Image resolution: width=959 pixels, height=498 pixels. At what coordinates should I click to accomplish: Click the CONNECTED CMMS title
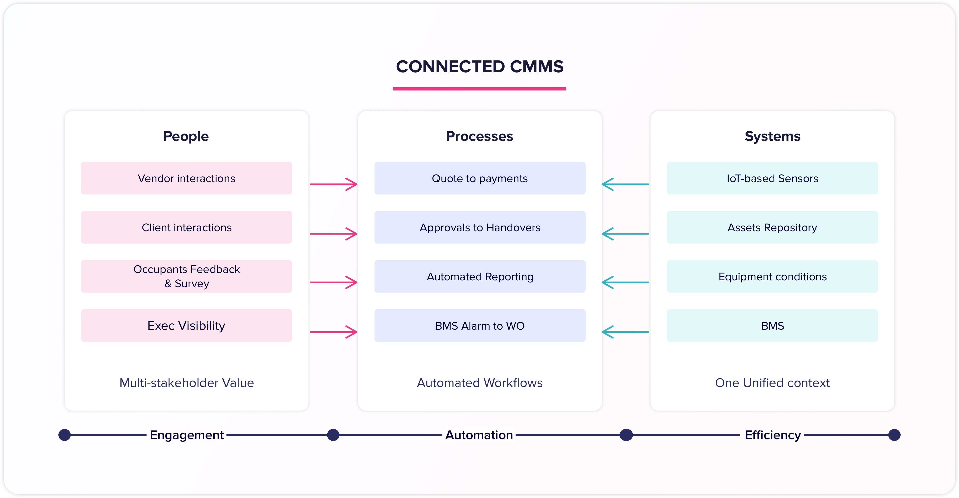(479, 67)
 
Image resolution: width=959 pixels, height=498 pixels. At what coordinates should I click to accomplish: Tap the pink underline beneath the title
(479, 89)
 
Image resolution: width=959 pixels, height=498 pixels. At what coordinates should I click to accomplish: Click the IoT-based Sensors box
(772, 178)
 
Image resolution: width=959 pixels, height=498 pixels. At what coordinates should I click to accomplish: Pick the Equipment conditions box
(772, 276)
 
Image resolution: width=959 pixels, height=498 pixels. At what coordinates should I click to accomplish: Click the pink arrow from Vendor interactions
(333, 184)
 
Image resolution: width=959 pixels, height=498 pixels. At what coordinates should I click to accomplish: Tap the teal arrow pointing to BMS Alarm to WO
(625, 332)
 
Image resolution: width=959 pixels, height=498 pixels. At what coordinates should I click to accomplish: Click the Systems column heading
(772, 136)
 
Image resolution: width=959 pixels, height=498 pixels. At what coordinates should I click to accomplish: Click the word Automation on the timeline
(479, 435)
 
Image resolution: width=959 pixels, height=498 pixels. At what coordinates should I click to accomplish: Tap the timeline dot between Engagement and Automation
(333, 435)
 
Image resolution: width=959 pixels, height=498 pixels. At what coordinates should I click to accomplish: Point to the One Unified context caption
(772, 383)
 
